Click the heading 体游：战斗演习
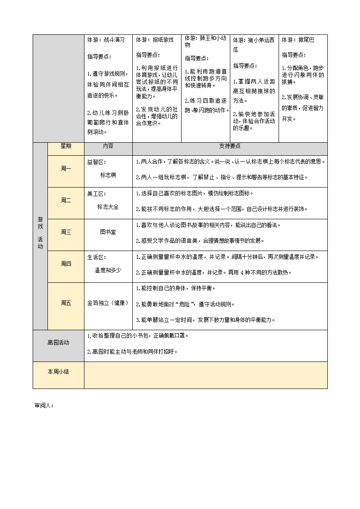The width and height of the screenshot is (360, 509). point(106,40)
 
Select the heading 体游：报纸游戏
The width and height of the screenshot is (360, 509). point(155,40)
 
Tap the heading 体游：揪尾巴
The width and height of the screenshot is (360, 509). point(298,40)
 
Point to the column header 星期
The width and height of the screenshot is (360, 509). point(66,146)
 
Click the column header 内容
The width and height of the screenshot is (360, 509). point(108,146)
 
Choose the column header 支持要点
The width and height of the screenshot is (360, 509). point(230,146)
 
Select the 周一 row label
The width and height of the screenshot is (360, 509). point(66,169)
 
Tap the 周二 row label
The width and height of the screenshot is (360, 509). point(66,201)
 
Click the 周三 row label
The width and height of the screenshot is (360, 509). point(66,232)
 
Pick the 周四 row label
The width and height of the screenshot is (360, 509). point(66,264)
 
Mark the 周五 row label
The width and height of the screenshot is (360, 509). point(66,303)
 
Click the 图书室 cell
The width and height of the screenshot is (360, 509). point(108,232)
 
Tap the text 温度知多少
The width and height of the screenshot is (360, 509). point(108,270)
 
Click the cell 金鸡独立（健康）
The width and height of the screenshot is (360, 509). point(108,303)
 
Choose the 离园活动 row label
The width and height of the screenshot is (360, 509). point(58,343)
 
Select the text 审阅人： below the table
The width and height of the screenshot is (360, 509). point(44,405)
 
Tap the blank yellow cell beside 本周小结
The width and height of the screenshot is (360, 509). point(205,375)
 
